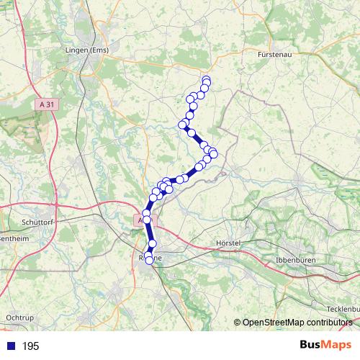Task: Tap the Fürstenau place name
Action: coord(276,53)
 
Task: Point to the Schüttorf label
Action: coord(40,222)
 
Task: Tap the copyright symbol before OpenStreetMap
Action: coord(238,323)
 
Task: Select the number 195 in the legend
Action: coord(31,346)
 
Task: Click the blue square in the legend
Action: coord(10,346)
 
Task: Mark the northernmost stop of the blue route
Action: coord(206,80)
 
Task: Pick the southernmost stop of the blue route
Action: coord(150,261)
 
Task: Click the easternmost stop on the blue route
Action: coord(213,154)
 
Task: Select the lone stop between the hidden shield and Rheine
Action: coord(152,243)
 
